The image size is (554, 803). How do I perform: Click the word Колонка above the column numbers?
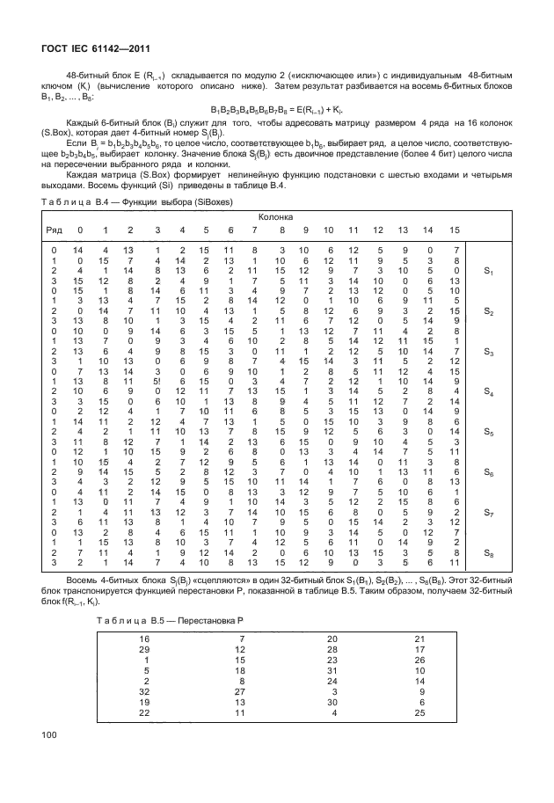click(275, 216)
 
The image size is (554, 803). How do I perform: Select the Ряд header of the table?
click(55, 230)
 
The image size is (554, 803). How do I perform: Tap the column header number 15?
click(454, 230)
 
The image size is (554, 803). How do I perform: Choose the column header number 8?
click(282, 230)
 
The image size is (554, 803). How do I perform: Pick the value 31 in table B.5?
click(332, 669)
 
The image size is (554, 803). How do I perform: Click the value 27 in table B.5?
click(240, 692)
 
